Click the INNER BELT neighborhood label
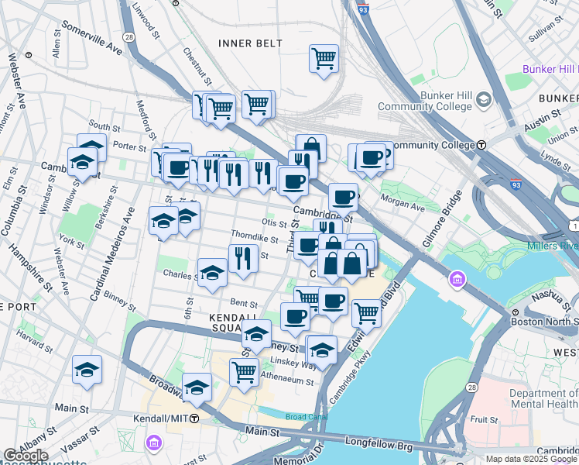click(x=250, y=43)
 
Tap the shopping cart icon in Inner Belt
click(x=324, y=59)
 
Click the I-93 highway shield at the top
click(x=365, y=9)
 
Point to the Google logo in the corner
click(x=26, y=456)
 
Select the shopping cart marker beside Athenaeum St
click(x=245, y=371)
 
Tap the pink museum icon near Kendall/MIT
click(x=153, y=443)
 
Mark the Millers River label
click(x=552, y=246)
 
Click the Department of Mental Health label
click(x=543, y=399)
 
